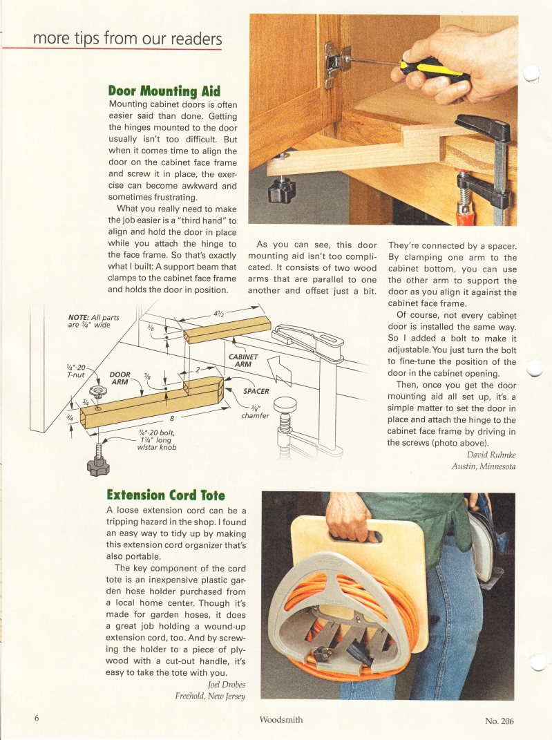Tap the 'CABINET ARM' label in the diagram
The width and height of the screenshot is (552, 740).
pyautogui.click(x=242, y=360)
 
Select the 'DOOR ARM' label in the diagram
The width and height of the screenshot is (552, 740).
pyautogui.click(x=122, y=380)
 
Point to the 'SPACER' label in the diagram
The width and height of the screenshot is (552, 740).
pyautogui.click(x=256, y=391)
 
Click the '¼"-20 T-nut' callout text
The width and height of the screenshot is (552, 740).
pyautogui.click(x=74, y=370)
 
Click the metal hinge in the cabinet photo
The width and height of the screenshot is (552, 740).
pyautogui.click(x=336, y=62)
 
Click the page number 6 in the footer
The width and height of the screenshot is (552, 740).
pyautogui.click(x=37, y=718)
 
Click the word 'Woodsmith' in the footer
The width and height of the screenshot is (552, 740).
pyautogui.click(x=280, y=719)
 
